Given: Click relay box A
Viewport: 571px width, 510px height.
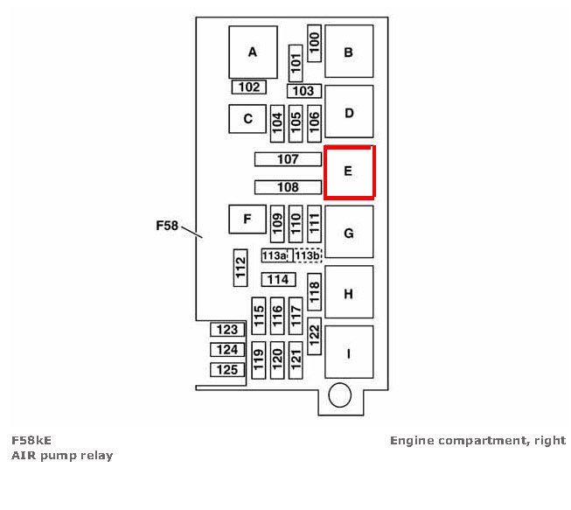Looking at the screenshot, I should pyautogui.click(x=253, y=52).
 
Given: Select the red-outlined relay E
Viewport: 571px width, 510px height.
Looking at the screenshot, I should pyautogui.click(x=348, y=171).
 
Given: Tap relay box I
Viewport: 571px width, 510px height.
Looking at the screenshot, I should pyautogui.click(x=348, y=353).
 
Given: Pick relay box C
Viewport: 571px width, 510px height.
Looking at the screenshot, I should pyautogui.click(x=247, y=119).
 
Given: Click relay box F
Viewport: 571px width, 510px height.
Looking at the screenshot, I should pyautogui.click(x=247, y=220).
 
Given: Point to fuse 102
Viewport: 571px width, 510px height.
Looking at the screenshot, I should pyautogui.click(x=249, y=87).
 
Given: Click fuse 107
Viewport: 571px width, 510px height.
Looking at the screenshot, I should pyautogui.click(x=288, y=159).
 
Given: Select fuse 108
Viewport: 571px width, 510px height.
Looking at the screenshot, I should pyautogui.click(x=288, y=187).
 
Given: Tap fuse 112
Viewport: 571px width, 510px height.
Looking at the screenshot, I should pyautogui.click(x=240, y=267).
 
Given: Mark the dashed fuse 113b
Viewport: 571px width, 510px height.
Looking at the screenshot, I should pyautogui.click(x=307, y=255).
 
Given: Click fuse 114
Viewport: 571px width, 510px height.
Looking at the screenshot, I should pyautogui.click(x=278, y=279).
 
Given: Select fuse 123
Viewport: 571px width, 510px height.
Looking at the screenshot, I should pyautogui.click(x=227, y=330).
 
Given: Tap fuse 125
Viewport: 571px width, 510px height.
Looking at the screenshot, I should pyautogui.click(x=227, y=370).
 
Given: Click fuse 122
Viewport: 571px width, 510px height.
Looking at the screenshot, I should pyautogui.click(x=315, y=333).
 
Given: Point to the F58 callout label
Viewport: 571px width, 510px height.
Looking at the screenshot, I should pyautogui.click(x=167, y=226).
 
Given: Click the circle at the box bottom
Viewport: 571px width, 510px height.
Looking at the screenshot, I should pyautogui.click(x=339, y=398).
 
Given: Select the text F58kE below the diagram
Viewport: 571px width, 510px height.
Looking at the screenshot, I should pyautogui.click(x=31, y=440).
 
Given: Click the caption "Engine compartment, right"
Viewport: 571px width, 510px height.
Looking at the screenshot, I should pyautogui.click(x=477, y=440).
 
